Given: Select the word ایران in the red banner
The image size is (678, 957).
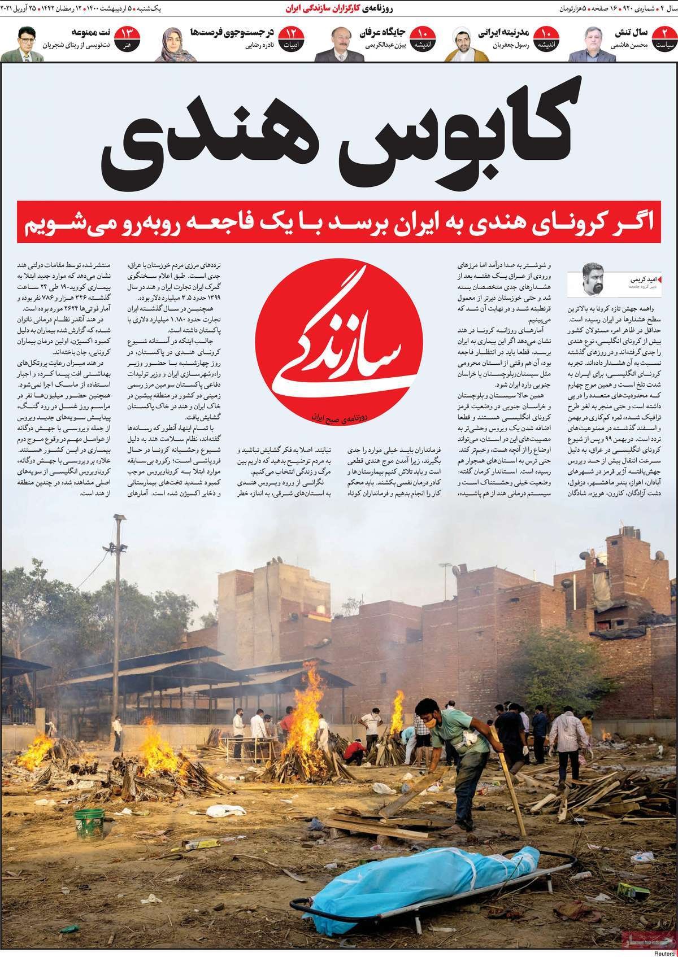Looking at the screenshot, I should pos(421,224).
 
